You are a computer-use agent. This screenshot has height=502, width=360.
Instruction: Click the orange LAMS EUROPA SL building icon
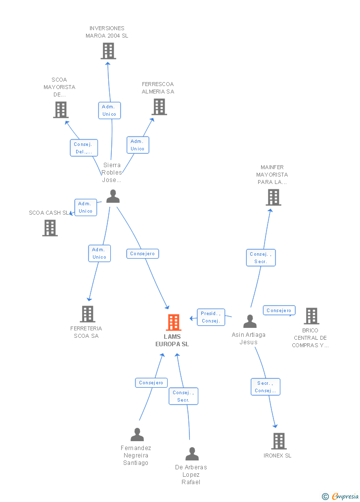pos(174,322)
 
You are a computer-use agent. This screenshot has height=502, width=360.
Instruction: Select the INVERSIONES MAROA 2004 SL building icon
pos(108,51)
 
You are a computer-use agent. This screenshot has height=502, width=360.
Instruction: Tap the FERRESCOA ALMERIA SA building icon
pos(159,107)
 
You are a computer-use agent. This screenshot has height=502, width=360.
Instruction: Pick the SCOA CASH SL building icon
pos(50,228)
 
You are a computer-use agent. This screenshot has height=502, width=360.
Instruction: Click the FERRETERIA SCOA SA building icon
pos(88,314)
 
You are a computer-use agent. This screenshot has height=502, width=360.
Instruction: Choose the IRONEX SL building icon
pos(279,441)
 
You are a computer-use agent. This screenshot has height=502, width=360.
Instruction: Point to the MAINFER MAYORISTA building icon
pos(273,197)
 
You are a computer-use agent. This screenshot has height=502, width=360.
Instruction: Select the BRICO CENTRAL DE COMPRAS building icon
pos(312,316)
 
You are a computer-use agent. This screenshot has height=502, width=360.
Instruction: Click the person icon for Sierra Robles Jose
pos(113,196)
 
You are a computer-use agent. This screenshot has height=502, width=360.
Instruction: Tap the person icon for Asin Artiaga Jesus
pos(250,321)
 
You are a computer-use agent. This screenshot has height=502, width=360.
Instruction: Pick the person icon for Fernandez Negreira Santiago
pos(137,434)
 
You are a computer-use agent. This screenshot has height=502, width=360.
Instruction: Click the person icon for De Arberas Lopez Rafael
pos(192,454)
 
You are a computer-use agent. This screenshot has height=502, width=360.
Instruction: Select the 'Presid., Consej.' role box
pos(211,317)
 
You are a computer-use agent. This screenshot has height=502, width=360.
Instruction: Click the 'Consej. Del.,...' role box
pos(84,148)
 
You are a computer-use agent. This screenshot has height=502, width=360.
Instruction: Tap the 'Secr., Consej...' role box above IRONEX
pos(265,387)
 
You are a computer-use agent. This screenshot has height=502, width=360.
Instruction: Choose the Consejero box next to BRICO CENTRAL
pos(279,310)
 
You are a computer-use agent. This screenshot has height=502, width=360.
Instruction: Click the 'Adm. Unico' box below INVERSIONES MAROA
pos(109,110)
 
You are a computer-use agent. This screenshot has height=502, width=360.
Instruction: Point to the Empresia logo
pos(341,496)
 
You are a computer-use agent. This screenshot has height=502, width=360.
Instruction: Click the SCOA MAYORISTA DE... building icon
pos(61,110)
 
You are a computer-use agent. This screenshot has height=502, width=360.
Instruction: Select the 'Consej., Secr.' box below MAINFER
pos(261,258)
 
